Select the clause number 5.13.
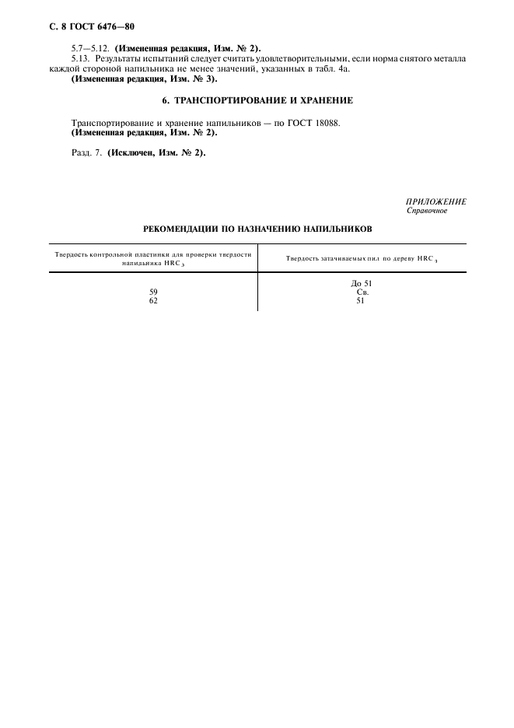pyautogui.click(x=81, y=60)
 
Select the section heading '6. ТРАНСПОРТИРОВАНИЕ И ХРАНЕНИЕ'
pyautogui.click(x=257, y=101)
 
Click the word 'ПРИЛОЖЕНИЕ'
pyautogui.click(x=436, y=201)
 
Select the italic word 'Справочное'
pyautogui.click(x=427, y=211)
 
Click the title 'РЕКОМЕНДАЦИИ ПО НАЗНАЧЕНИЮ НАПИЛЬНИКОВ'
pyautogui.click(x=257, y=229)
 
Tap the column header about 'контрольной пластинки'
pyautogui.click(x=153, y=258)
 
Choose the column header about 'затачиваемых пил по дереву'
pyautogui.click(x=362, y=258)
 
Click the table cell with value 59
pyautogui.click(x=153, y=292)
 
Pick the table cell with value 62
pyautogui.click(x=153, y=300)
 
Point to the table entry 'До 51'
pyautogui.click(x=361, y=283)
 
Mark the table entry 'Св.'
pyautogui.click(x=361, y=292)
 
